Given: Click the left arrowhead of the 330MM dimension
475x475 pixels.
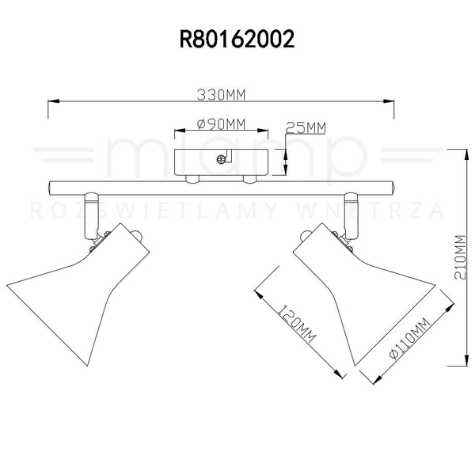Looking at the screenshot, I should pos(52,102).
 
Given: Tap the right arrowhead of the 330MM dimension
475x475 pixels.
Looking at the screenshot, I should pos(390,102).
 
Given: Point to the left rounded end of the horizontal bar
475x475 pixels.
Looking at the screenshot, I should pos(50,188).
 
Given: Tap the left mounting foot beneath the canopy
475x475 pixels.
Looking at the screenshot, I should pos(191,180).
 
